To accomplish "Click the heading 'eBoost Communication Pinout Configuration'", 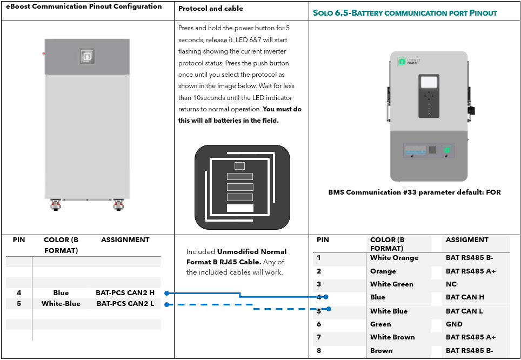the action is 84,6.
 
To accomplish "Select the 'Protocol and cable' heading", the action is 211,9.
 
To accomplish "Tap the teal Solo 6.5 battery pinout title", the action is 405,13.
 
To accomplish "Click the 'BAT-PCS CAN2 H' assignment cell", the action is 125,293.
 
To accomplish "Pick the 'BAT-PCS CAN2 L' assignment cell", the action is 125,303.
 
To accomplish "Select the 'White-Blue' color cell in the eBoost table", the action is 61,303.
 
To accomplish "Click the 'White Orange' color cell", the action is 394,258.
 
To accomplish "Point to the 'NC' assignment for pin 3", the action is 451,284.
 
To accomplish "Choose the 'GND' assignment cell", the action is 454,324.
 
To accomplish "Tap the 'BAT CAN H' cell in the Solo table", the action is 465,297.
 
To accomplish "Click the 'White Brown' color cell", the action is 392,337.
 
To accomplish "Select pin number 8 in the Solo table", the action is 319,350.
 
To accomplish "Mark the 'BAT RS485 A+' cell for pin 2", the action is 471,271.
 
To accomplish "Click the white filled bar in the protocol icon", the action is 240,208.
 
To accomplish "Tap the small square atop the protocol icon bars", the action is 239,166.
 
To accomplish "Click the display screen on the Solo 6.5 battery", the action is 429,82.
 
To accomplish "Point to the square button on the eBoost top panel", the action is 86,57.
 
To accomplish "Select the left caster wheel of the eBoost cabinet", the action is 56,205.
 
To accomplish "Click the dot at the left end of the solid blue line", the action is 167,293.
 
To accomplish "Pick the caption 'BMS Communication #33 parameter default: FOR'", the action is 415,192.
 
